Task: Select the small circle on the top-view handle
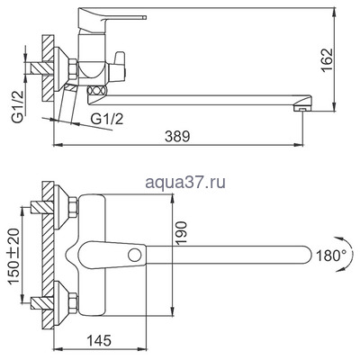coord(135,256)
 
